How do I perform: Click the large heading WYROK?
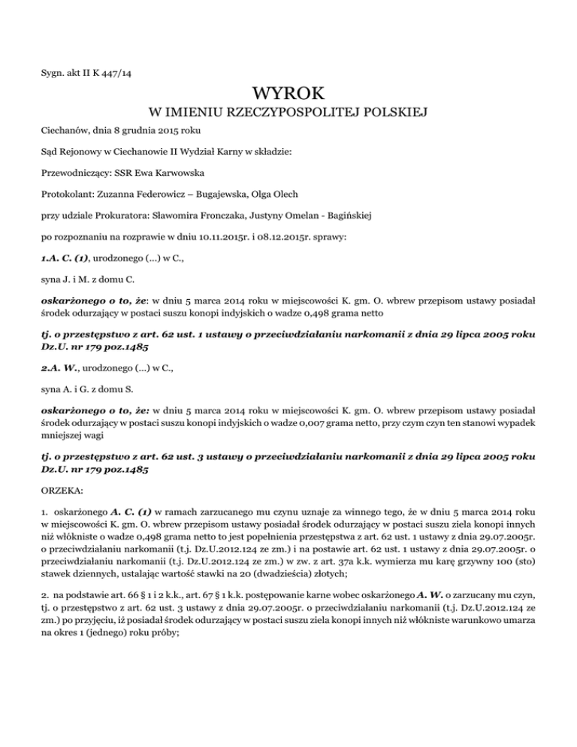(x=288, y=94)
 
